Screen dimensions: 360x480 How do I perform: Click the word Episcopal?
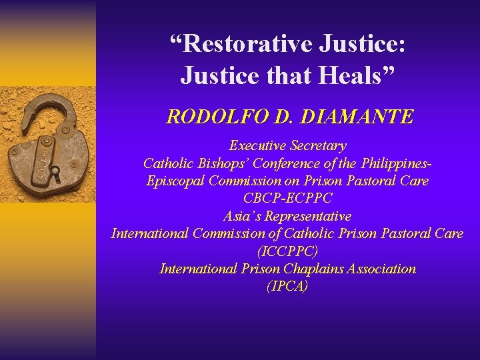pos(175,181)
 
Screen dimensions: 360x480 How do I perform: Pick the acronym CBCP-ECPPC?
pos(287,198)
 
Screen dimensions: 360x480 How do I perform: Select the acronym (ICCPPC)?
pos(287,251)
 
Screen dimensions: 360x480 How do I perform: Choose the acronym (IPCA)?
pos(287,287)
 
